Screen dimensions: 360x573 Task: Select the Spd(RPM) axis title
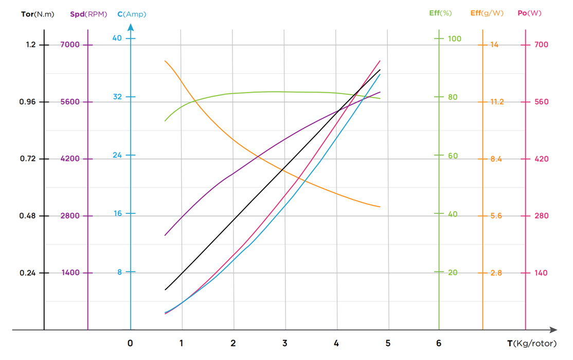pos(88,14)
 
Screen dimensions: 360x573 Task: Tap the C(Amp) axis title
pos(132,14)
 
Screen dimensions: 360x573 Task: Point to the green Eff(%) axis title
pos(440,13)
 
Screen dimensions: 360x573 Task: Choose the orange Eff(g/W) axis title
pos(487,13)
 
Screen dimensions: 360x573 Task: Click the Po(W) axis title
pos(529,13)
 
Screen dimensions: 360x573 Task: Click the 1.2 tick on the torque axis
pos(31,45)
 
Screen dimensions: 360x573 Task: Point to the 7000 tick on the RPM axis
pos(70,45)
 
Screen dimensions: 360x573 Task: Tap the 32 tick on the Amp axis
pos(117,97)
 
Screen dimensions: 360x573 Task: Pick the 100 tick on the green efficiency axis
pos(454,39)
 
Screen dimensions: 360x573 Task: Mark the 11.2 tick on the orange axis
pos(496,102)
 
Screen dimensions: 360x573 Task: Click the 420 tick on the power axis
pos(541,159)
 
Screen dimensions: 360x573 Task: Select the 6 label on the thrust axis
pos(439,343)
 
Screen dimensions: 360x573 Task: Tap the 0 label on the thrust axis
pos(131,343)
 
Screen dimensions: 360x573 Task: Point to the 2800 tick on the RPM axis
pos(70,215)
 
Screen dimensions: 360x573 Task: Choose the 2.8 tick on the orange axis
pos(496,273)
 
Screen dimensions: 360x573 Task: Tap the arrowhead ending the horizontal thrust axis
pos(553,330)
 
